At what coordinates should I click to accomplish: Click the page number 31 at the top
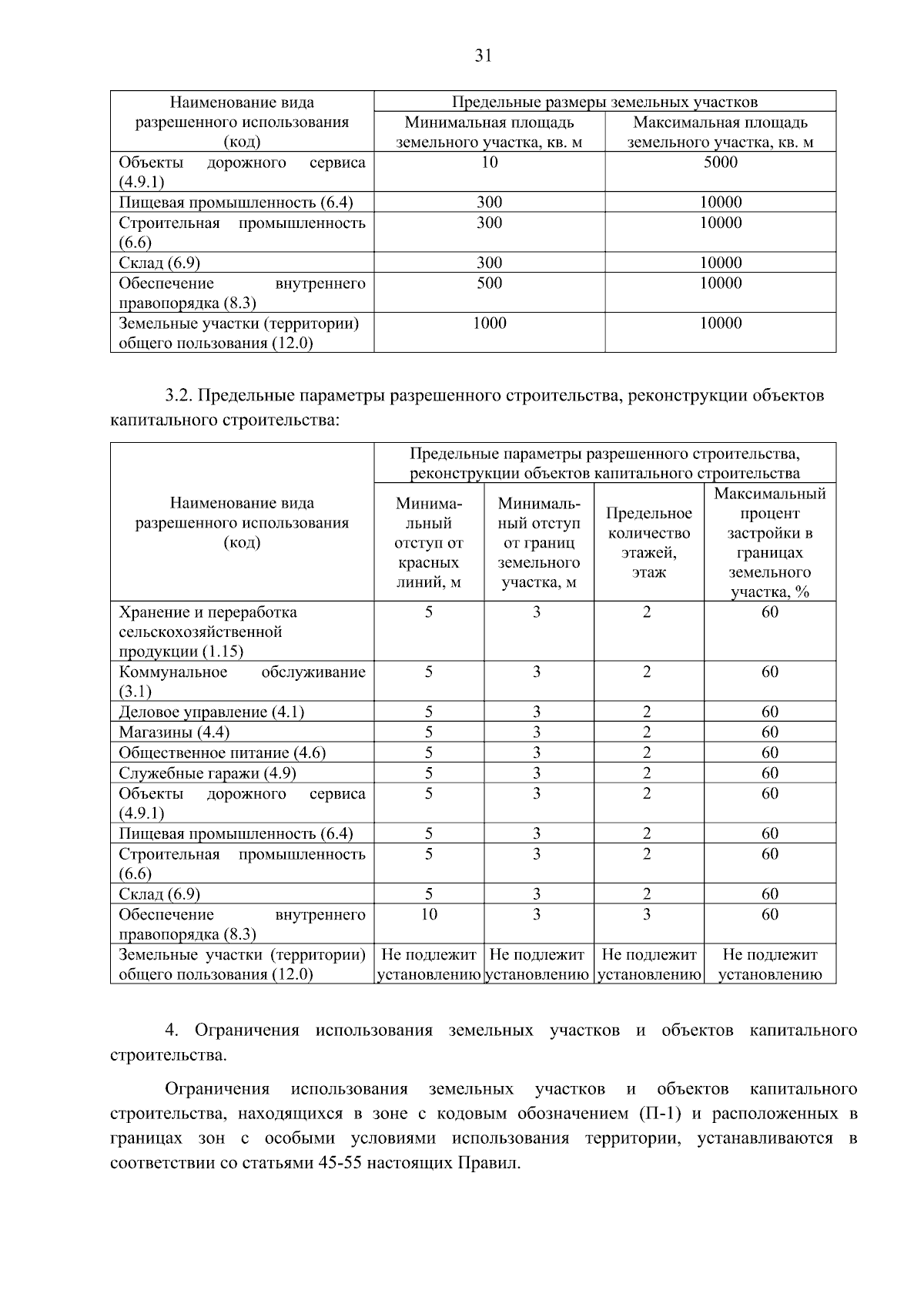point(484,55)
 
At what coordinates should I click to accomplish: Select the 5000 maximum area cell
point(720,163)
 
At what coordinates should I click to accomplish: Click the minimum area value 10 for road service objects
point(489,163)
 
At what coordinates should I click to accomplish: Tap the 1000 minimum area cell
point(489,323)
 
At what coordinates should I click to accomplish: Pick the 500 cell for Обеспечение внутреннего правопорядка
point(489,283)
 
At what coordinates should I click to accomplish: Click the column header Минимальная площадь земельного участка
point(489,132)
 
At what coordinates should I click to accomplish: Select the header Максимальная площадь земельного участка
point(720,132)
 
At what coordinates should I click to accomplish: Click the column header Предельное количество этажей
point(648,542)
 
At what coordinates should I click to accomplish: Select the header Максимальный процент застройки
point(769,542)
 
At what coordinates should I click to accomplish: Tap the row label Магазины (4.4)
point(174,732)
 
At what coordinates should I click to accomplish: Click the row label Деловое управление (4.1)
point(211,712)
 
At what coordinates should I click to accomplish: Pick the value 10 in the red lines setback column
point(429,914)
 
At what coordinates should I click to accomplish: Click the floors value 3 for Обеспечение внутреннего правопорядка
point(647,914)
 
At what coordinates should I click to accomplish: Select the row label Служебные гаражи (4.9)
point(207,773)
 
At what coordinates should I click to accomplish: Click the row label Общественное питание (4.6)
point(222,753)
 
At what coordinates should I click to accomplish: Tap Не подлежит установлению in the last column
point(769,965)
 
